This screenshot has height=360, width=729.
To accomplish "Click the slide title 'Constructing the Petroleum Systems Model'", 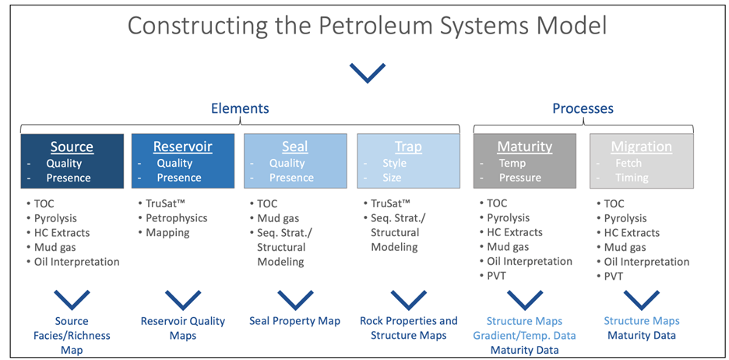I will click(x=367, y=25).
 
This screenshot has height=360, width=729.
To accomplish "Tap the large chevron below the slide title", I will click(x=367, y=72).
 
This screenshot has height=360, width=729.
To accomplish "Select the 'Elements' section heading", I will click(x=240, y=109).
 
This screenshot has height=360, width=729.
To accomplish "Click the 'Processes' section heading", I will click(x=583, y=109).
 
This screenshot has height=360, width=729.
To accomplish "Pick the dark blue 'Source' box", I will click(x=72, y=161).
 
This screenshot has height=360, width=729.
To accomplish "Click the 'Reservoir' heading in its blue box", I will click(x=182, y=146).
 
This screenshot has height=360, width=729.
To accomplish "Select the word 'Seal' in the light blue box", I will click(x=294, y=146).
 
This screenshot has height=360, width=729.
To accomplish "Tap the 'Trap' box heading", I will click(x=407, y=146).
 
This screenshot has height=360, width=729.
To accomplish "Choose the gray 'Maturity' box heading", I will click(x=524, y=146).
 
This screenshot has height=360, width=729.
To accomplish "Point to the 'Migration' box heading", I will click(x=640, y=146).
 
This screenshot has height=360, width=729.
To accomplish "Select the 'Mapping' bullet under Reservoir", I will click(x=167, y=232).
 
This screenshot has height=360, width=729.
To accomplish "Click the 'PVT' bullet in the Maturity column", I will click(x=497, y=276).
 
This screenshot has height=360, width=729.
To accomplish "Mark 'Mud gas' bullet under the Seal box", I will click(x=279, y=218).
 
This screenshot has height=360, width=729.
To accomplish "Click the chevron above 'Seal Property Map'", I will click(x=294, y=299).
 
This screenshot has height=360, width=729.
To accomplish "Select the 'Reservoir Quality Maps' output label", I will click(x=182, y=328).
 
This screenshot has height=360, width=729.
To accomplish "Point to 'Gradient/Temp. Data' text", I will click(x=525, y=336).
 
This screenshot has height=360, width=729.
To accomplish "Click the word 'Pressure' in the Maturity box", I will click(x=519, y=178).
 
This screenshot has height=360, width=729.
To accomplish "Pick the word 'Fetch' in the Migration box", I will click(x=629, y=164).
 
